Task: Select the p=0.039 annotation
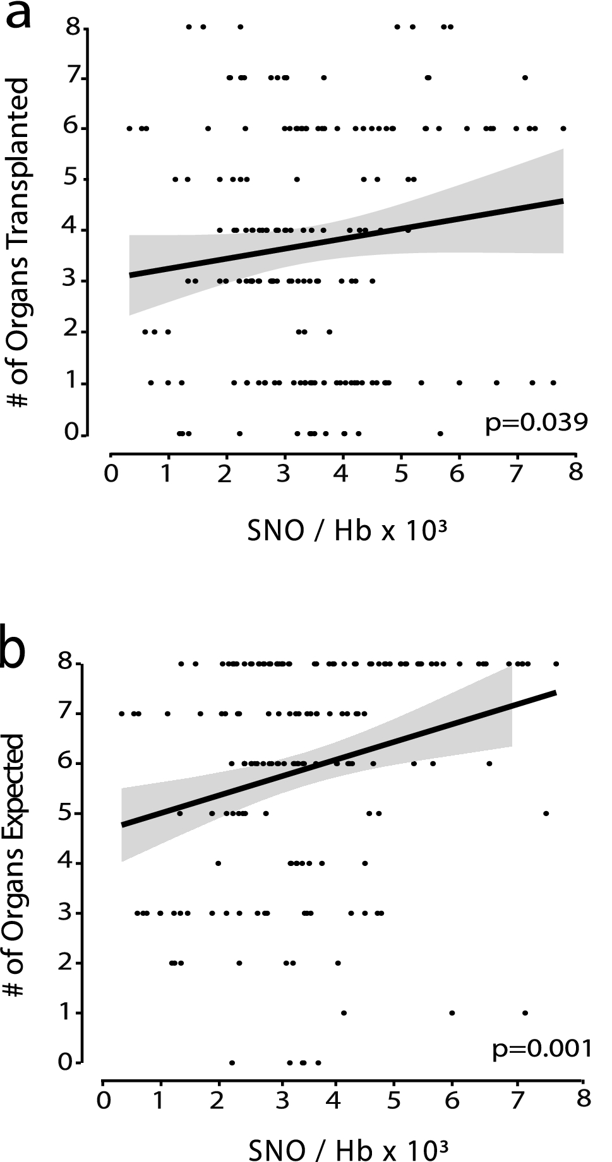click(536, 422)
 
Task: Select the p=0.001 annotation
click(541, 1048)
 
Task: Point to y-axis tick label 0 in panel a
click(73, 434)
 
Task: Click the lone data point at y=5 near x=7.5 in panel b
click(546, 813)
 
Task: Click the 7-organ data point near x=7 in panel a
click(525, 78)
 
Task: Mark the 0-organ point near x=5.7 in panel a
click(440, 433)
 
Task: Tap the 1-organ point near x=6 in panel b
click(452, 1012)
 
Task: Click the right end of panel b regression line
click(555, 693)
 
